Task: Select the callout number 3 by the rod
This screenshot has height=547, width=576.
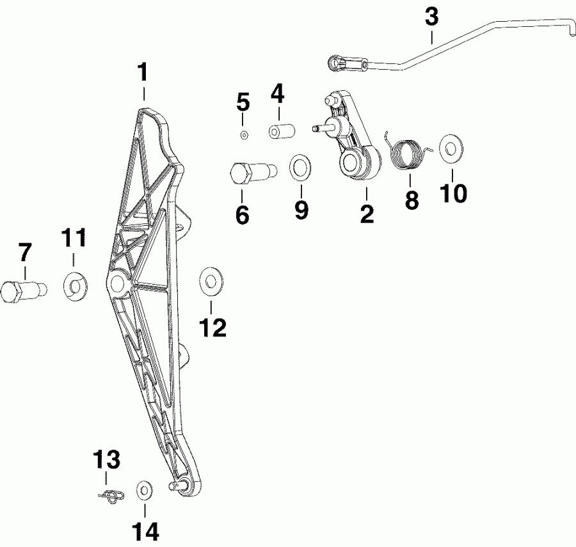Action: point(433,17)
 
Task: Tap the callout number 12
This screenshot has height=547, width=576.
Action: point(212,328)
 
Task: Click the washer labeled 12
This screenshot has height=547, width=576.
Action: point(209,280)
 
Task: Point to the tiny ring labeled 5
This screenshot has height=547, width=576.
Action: point(244,135)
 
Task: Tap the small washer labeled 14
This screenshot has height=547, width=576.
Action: point(145,491)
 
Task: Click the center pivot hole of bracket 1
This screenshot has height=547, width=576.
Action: point(117,282)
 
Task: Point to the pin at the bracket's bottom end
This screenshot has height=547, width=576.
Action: point(179,484)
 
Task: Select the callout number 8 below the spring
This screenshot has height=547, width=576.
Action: point(412,200)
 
